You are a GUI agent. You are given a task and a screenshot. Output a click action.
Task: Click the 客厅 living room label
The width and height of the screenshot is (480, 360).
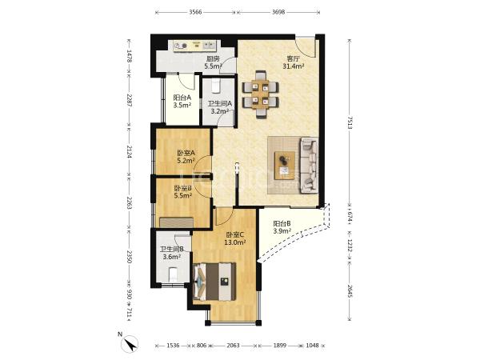[x=293, y=58]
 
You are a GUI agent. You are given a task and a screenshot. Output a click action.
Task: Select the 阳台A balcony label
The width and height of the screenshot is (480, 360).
[x=182, y=98]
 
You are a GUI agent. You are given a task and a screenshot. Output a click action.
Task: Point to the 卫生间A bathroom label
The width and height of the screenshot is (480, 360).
[x=220, y=104]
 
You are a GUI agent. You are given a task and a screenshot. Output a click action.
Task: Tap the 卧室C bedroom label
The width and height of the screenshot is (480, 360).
[x=234, y=234]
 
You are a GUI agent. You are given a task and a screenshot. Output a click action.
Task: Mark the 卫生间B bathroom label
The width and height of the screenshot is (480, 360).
[x=172, y=249]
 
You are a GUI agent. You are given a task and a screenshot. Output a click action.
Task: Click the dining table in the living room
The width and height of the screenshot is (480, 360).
[x=261, y=94]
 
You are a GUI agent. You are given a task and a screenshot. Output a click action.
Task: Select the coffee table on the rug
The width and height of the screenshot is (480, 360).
[x=285, y=166]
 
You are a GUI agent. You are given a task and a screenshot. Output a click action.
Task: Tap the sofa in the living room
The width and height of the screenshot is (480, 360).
[x=309, y=166]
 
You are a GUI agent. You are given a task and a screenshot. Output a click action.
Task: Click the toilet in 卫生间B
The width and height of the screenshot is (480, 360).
[x=174, y=274]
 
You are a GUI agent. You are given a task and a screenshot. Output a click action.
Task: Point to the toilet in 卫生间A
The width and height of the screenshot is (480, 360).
[x=216, y=86]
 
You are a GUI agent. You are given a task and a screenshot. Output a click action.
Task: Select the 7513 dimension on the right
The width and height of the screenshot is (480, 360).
[x=350, y=122]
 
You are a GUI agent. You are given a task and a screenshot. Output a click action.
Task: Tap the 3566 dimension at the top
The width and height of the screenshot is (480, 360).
[x=196, y=12]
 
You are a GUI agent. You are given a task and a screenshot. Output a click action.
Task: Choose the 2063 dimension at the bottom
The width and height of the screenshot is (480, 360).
[x=234, y=346]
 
